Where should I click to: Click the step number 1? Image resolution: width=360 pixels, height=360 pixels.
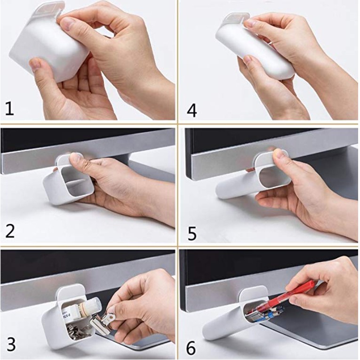[9, 109]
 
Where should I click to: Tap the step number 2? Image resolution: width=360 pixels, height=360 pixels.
[10, 232]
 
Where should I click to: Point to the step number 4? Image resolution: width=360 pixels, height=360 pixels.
[192, 111]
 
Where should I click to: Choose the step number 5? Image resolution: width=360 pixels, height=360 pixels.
[192, 234]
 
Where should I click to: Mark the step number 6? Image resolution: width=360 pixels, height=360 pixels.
[191, 348]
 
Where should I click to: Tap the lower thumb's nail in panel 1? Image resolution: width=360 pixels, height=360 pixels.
[36, 65]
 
